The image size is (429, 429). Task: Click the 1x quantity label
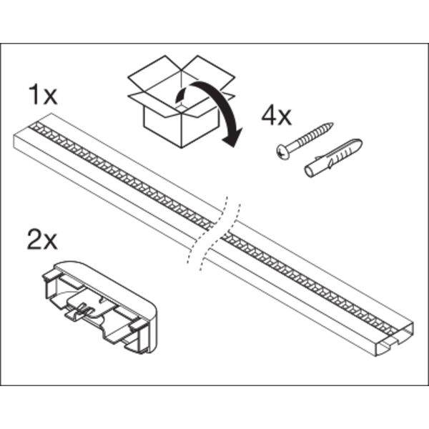pos(43,94)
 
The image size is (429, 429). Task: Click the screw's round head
pos(282,152)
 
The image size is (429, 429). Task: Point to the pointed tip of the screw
pos(332,124)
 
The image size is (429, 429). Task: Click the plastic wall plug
pos(333,157)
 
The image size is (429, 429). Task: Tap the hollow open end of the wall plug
pos(310,172)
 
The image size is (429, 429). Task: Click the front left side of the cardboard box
pos(162,127)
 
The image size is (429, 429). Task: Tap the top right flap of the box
pos(211,71)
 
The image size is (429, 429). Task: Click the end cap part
pos(99,307)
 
